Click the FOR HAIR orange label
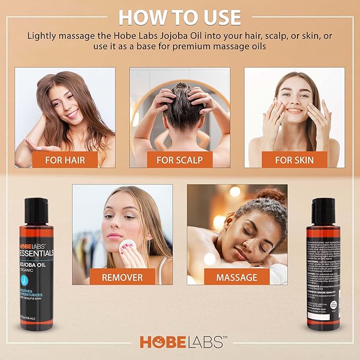click(65, 159)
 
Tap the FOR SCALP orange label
click(180, 159)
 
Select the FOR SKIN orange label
click(294, 159)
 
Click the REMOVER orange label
click(122, 277)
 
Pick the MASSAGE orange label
click(236, 277)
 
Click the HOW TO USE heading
click(180, 16)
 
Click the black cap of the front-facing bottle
click(36, 207)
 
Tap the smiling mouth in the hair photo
click(72, 113)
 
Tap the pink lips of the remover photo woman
click(115, 235)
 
